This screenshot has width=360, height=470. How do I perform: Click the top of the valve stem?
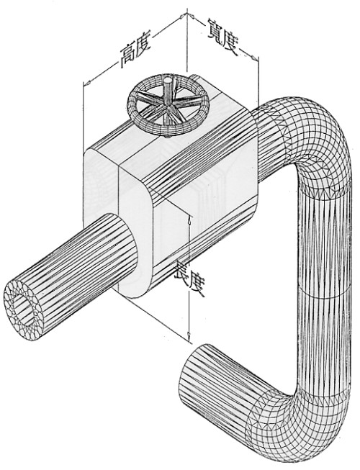point(168,81)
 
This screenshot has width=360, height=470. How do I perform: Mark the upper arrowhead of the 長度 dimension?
point(189,221)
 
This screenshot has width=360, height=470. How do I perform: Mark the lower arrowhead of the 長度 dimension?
point(189,336)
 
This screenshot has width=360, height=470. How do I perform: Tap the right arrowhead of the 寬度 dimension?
point(254,57)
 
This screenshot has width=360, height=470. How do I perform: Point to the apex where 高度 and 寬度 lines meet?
point(187,14)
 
